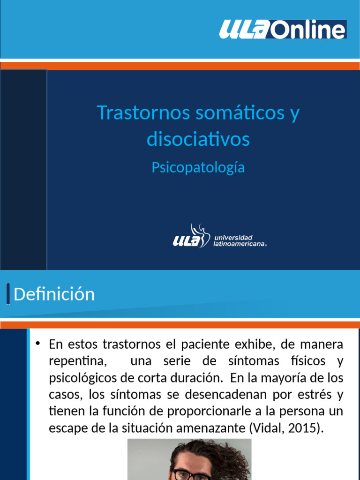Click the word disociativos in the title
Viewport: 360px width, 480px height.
[198, 139]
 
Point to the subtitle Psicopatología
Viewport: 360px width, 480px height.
[198, 167]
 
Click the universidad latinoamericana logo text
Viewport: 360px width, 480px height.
[240, 241]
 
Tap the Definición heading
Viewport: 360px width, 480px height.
[54, 294]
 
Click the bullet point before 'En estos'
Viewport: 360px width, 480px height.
[38, 344]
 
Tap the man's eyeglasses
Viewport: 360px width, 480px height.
[192, 475]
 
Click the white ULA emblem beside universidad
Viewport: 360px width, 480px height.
[191, 237]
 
